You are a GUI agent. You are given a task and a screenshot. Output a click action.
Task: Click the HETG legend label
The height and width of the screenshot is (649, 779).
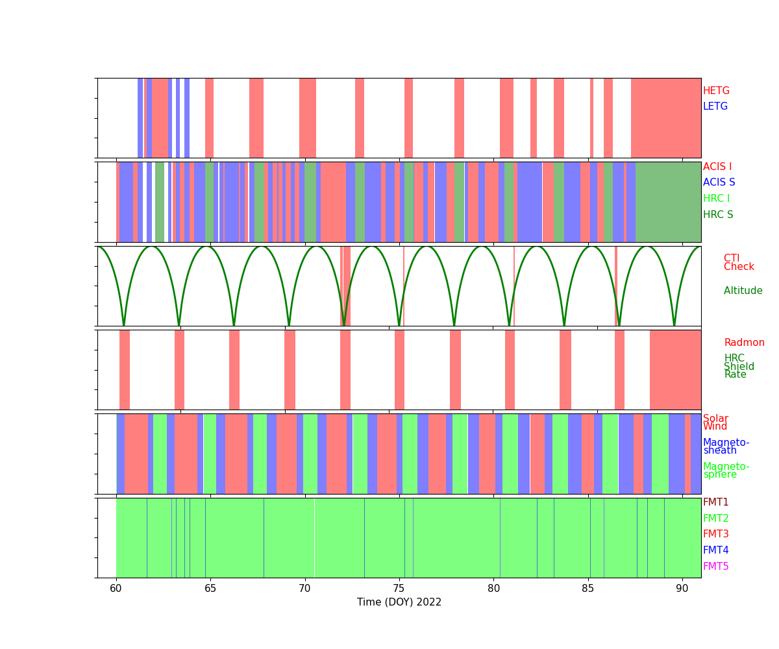point(716,91)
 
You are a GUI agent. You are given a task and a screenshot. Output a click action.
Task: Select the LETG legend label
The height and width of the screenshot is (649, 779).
point(715,106)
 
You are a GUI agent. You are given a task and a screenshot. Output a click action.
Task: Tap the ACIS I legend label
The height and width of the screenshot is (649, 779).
point(717,167)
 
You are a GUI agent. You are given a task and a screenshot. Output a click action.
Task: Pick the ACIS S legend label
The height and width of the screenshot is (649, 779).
point(719,182)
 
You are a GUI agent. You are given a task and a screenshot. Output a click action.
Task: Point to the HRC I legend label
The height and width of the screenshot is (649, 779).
point(716,199)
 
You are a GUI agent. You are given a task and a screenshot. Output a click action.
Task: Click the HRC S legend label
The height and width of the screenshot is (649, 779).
point(718,215)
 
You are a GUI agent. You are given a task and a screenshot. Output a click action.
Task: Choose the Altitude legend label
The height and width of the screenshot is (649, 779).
point(743,291)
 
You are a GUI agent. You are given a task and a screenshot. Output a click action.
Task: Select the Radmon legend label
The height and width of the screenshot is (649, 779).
point(744,343)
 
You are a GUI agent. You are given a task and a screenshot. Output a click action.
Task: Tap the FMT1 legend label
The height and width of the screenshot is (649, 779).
point(715,502)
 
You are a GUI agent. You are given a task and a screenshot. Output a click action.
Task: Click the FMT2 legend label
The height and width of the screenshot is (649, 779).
point(715,519)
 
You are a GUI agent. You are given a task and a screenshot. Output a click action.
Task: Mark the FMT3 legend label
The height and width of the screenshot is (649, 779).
point(715,534)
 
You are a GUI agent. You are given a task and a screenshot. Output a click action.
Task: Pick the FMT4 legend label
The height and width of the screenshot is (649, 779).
point(715,550)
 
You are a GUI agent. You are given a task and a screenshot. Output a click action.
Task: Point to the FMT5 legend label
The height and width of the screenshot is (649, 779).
point(715,567)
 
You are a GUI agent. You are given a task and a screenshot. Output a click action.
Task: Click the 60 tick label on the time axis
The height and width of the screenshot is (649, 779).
point(116,588)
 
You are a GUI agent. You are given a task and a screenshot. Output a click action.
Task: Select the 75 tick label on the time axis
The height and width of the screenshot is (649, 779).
point(399,588)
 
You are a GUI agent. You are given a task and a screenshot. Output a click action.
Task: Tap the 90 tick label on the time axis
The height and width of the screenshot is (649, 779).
point(682,588)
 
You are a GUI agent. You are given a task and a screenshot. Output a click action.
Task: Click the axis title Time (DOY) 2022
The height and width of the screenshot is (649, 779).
point(399,602)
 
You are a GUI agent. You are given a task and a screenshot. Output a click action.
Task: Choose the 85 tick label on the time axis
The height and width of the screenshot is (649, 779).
point(587,588)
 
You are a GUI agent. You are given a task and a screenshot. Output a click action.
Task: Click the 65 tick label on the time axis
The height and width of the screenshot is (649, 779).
point(210,588)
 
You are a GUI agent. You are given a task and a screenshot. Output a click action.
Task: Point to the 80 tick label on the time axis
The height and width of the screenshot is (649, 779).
point(493,588)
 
